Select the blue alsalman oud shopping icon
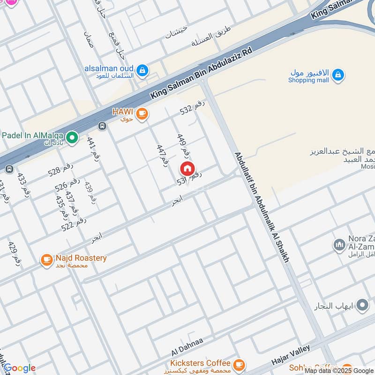coord(142,71)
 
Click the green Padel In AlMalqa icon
coord(72,138)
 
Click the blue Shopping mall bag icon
coord(337,75)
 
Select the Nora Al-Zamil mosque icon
coord(339,245)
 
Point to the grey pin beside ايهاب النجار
coord(362,306)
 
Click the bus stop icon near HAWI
coord(102,126)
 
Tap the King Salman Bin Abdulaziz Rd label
coord(202,73)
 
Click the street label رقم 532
coord(193,109)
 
